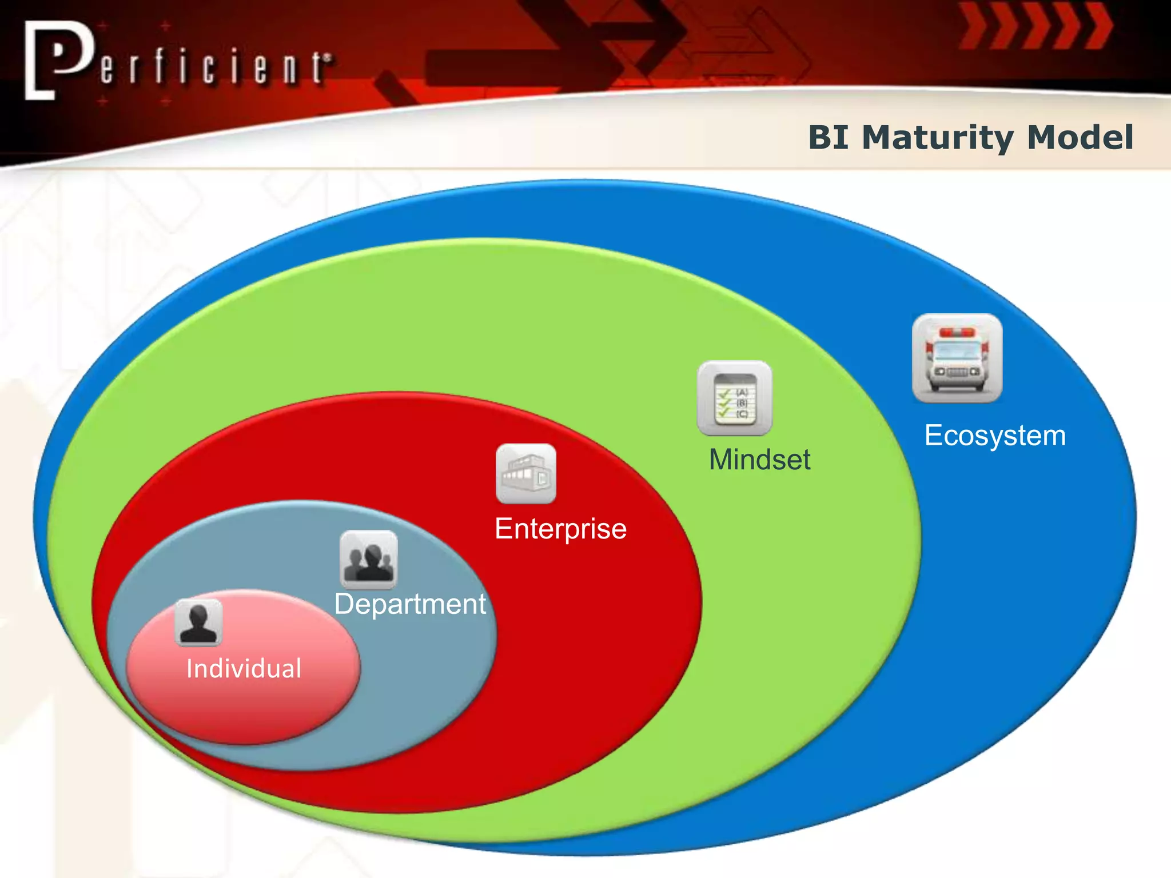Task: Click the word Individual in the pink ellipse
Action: [244, 669]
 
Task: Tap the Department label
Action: [410, 604]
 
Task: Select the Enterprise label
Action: [560, 529]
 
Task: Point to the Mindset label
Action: [759, 460]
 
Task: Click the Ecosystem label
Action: [995, 436]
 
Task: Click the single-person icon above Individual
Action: [198, 622]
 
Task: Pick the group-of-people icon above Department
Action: [368, 560]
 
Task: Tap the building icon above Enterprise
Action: [525, 474]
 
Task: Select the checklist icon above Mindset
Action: [735, 398]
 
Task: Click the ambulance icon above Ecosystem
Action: [957, 358]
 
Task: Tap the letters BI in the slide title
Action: [829, 138]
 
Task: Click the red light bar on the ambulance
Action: [957, 332]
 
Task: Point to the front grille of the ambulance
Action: [957, 372]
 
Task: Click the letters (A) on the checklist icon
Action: [742, 392]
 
